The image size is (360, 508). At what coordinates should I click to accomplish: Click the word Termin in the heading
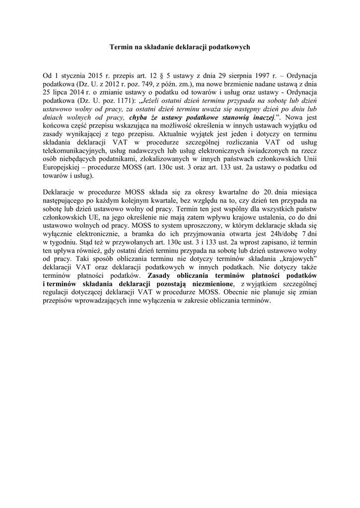click(119, 47)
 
